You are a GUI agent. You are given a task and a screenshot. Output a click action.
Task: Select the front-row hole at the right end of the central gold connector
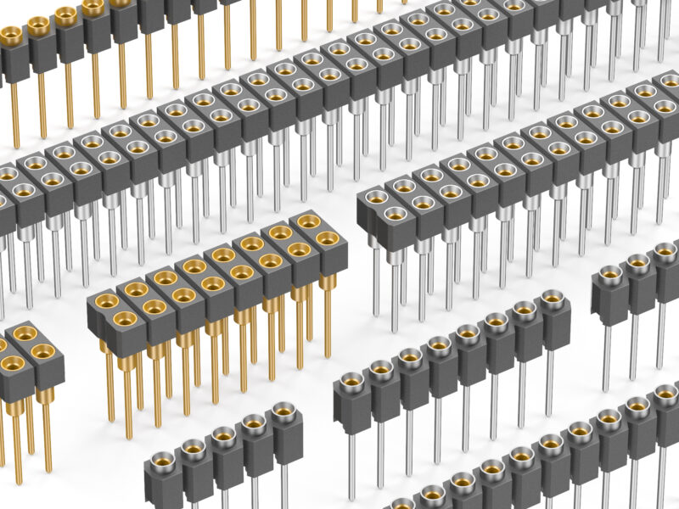click(x=327, y=239)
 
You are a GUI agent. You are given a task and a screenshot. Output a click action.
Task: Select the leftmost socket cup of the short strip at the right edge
click(x=610, y=273)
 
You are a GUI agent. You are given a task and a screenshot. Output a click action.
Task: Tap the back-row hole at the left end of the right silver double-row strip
click(x=374, y=197)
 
